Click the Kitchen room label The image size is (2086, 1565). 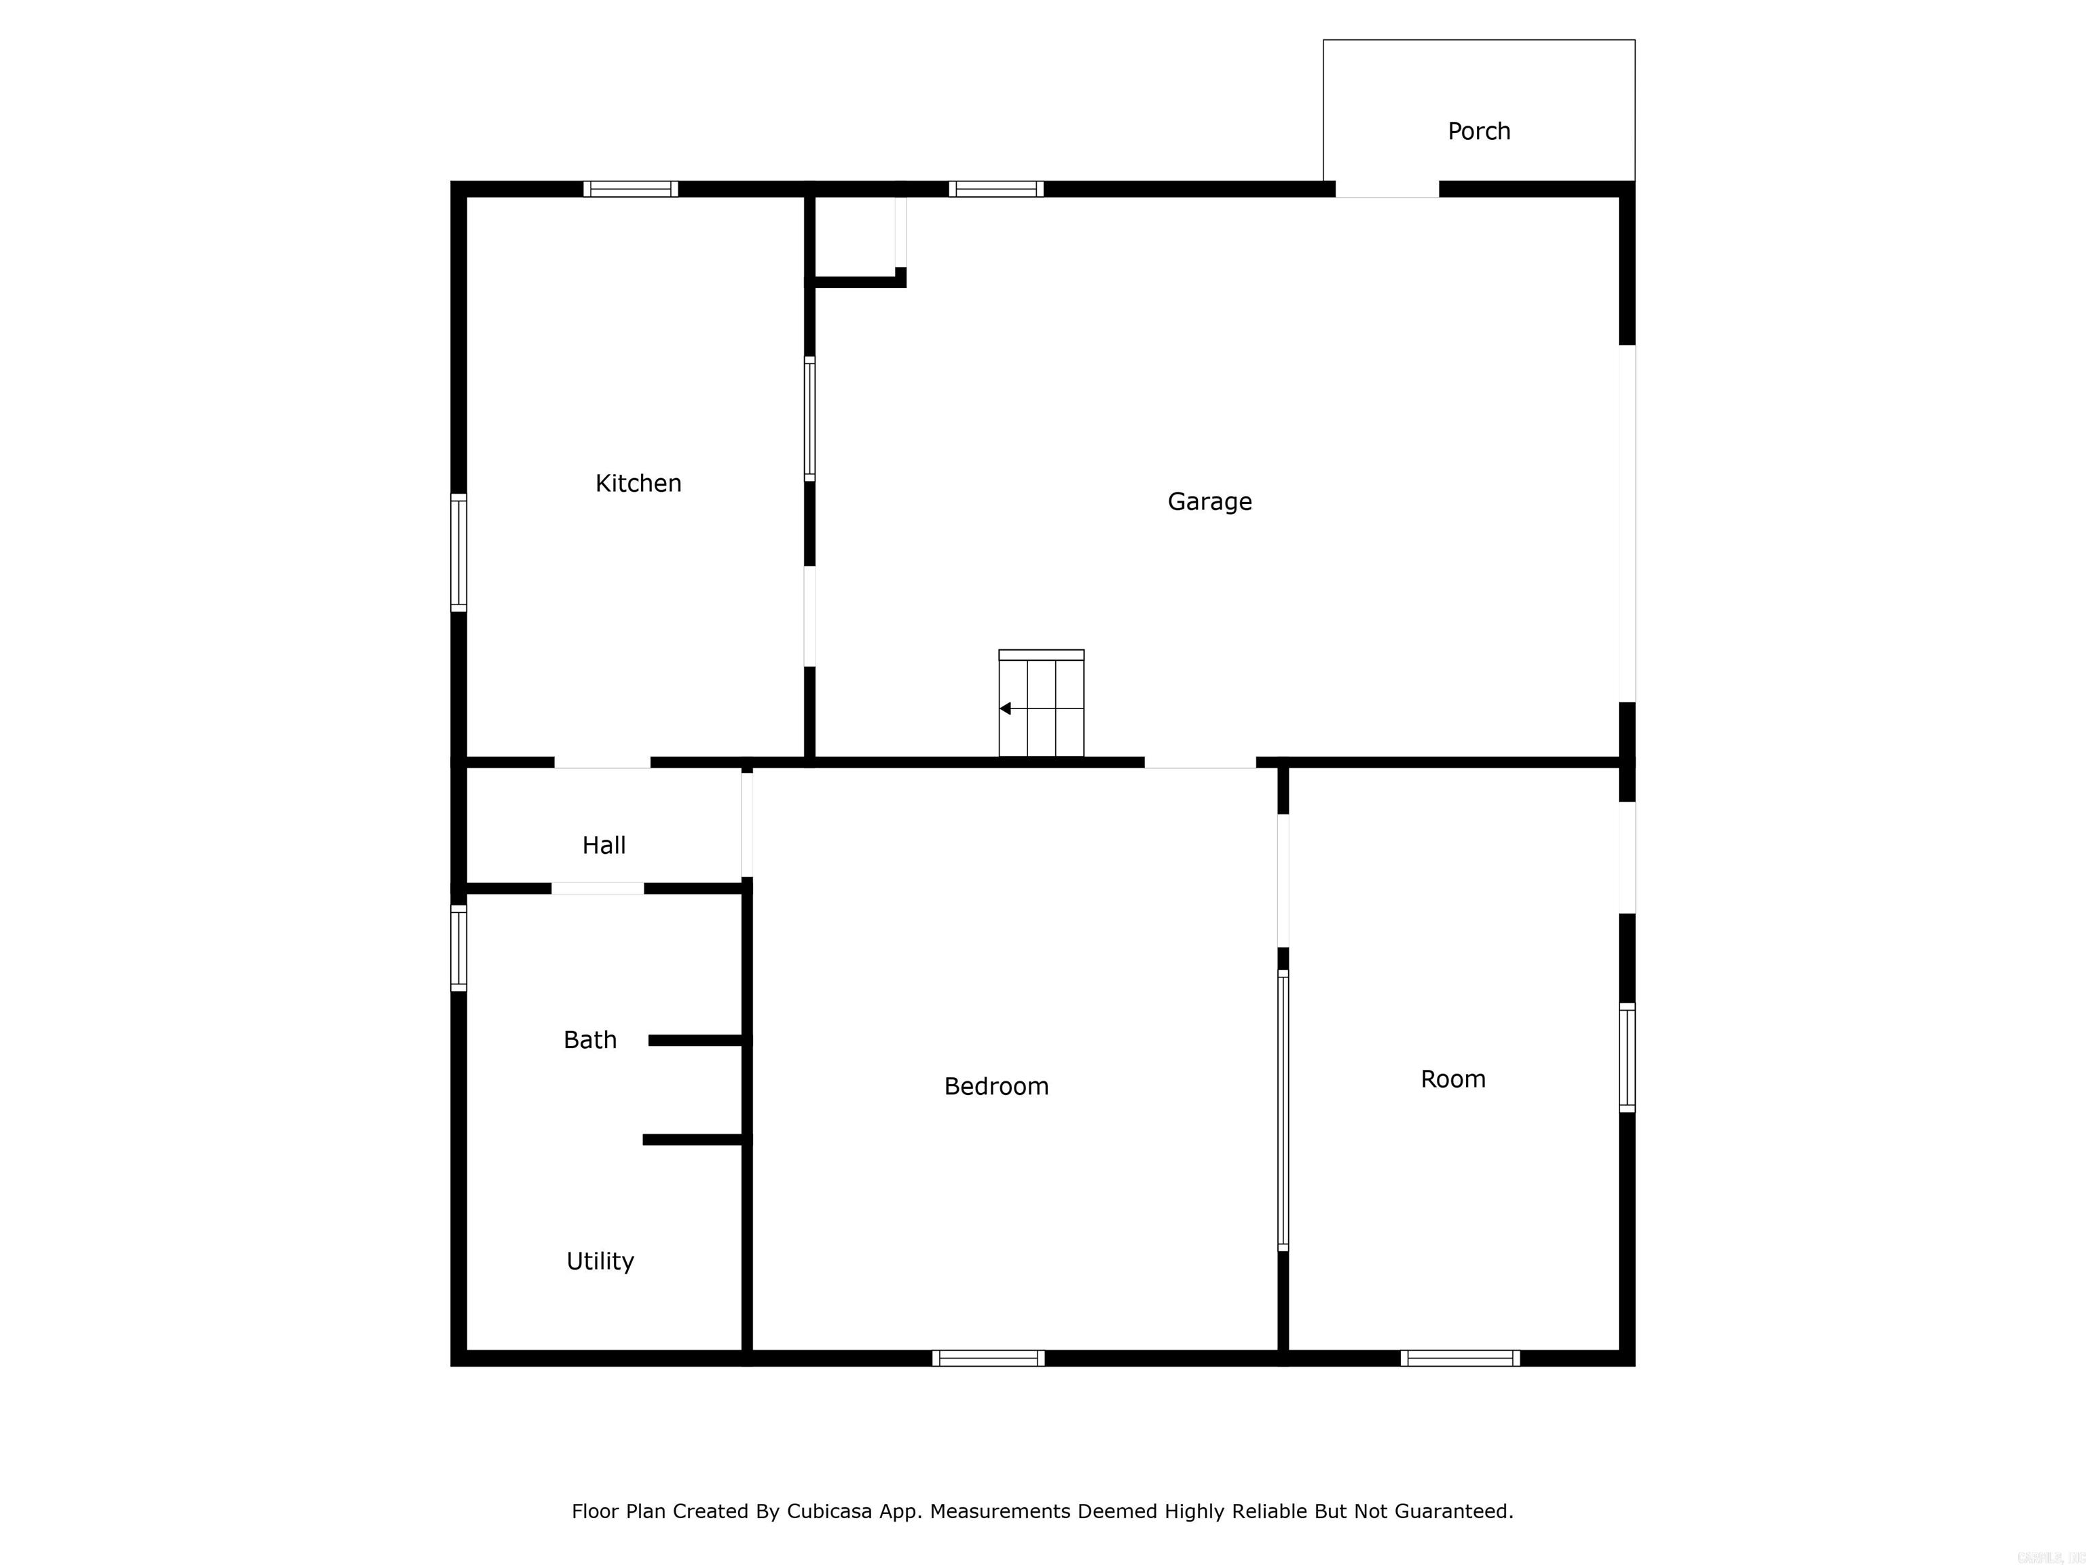(x=638, y=483)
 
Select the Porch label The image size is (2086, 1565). (x=1479, y=131)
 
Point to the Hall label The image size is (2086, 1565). (x=604, y=845)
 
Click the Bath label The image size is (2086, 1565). (x=589, y=1039)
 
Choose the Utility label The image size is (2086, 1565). (x=600, y=1261)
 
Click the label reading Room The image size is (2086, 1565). (x=1452, y=1079)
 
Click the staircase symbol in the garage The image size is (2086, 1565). (x=1041, y=704)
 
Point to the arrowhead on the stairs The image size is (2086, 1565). (x=1005, y=708)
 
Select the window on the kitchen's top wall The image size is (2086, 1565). (x=630, y=189)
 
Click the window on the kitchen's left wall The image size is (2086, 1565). (x=458, y=553)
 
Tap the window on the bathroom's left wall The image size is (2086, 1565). (x=458, y=948)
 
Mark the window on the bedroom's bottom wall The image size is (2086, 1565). (x=988, y=1359)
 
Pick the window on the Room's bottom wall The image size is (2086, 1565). (x=1460, y=1359)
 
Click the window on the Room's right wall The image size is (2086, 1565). (x=1627, y=1058)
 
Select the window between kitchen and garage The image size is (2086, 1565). (x=809, y=419)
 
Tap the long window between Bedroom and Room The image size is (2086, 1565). (x=1283, y=1111)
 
